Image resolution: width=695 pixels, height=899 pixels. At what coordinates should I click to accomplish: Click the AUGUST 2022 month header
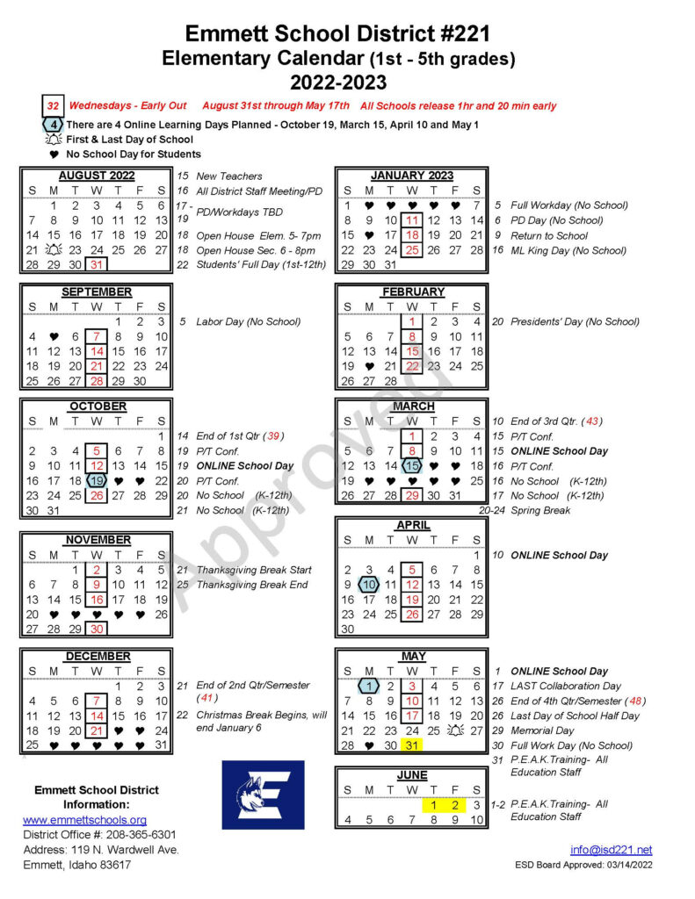click(x=97, y=176)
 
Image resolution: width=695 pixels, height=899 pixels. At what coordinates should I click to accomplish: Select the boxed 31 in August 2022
click(x=97, y=264)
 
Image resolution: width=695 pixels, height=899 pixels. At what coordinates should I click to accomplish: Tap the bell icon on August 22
click(x=54, y=250)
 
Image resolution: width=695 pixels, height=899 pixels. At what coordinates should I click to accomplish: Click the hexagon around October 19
click(x=97, y=480)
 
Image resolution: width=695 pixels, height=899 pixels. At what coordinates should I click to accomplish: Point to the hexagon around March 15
click(x=411, y=466)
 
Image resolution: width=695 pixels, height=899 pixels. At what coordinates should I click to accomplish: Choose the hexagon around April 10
click(x=369, y=584)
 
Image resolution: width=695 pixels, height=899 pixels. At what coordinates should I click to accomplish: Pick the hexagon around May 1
click(x=369, y=686)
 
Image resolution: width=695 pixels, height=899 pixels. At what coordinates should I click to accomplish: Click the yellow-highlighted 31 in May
click(x=411, y=745)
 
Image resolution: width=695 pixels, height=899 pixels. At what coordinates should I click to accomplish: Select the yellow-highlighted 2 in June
click(x=454, y=805)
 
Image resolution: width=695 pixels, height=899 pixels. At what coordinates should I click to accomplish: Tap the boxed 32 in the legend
click(x=53, y=106)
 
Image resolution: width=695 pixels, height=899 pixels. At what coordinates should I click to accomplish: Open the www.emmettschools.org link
click(x=84, y=820)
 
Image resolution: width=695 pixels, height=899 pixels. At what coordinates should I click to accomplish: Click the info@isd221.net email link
click(x=612, y=849)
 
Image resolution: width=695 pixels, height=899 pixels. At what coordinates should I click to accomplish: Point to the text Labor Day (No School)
click(x=248, y=321)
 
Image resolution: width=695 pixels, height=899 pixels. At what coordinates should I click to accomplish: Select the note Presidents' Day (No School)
click(x=575, y=321)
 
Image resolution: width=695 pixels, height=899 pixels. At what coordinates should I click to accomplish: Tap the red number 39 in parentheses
click(x=275, y=435)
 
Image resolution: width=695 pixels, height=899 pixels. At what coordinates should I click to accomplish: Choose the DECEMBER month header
click(x=97, y=656)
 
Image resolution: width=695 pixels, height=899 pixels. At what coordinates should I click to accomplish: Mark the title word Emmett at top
click(x=228, y=34)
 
